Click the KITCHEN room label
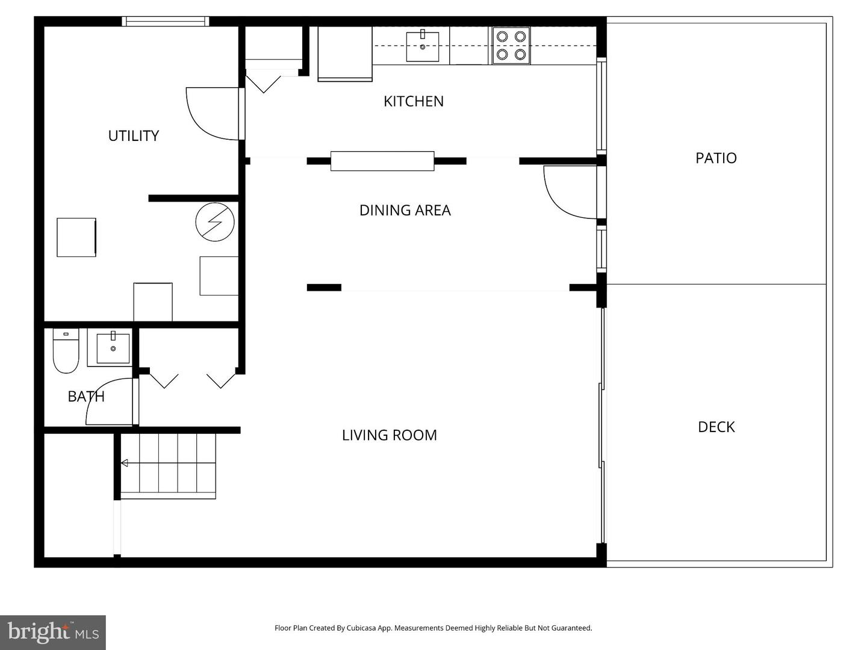click(414, 101)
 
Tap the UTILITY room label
click(134, 136)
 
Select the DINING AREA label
click(405, 210)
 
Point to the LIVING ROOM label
click(389, 435)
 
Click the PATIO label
click(716, 158)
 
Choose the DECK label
click(716, 427)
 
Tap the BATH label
click(86, 397)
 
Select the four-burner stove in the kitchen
click(511, 46)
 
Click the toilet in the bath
click(66, 351)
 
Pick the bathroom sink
click(113, 348)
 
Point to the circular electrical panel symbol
click(215, 223)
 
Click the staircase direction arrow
click(125, 463)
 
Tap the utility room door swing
click(211, 114)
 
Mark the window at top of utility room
click(166, 22)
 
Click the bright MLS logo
click(53, 632)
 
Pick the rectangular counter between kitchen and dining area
click(382, 161)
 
